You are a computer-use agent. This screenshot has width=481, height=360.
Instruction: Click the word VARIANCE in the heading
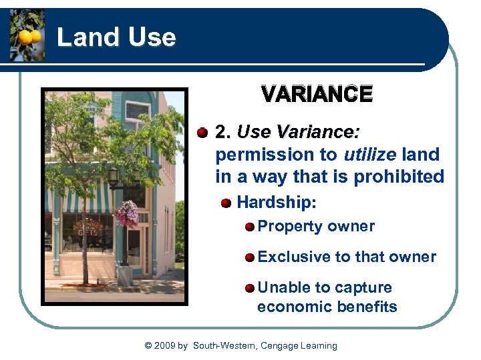point(317,95)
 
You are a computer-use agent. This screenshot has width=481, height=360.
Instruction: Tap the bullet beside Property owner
point(249,227)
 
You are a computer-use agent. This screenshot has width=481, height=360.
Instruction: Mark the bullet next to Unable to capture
point(249,288)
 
